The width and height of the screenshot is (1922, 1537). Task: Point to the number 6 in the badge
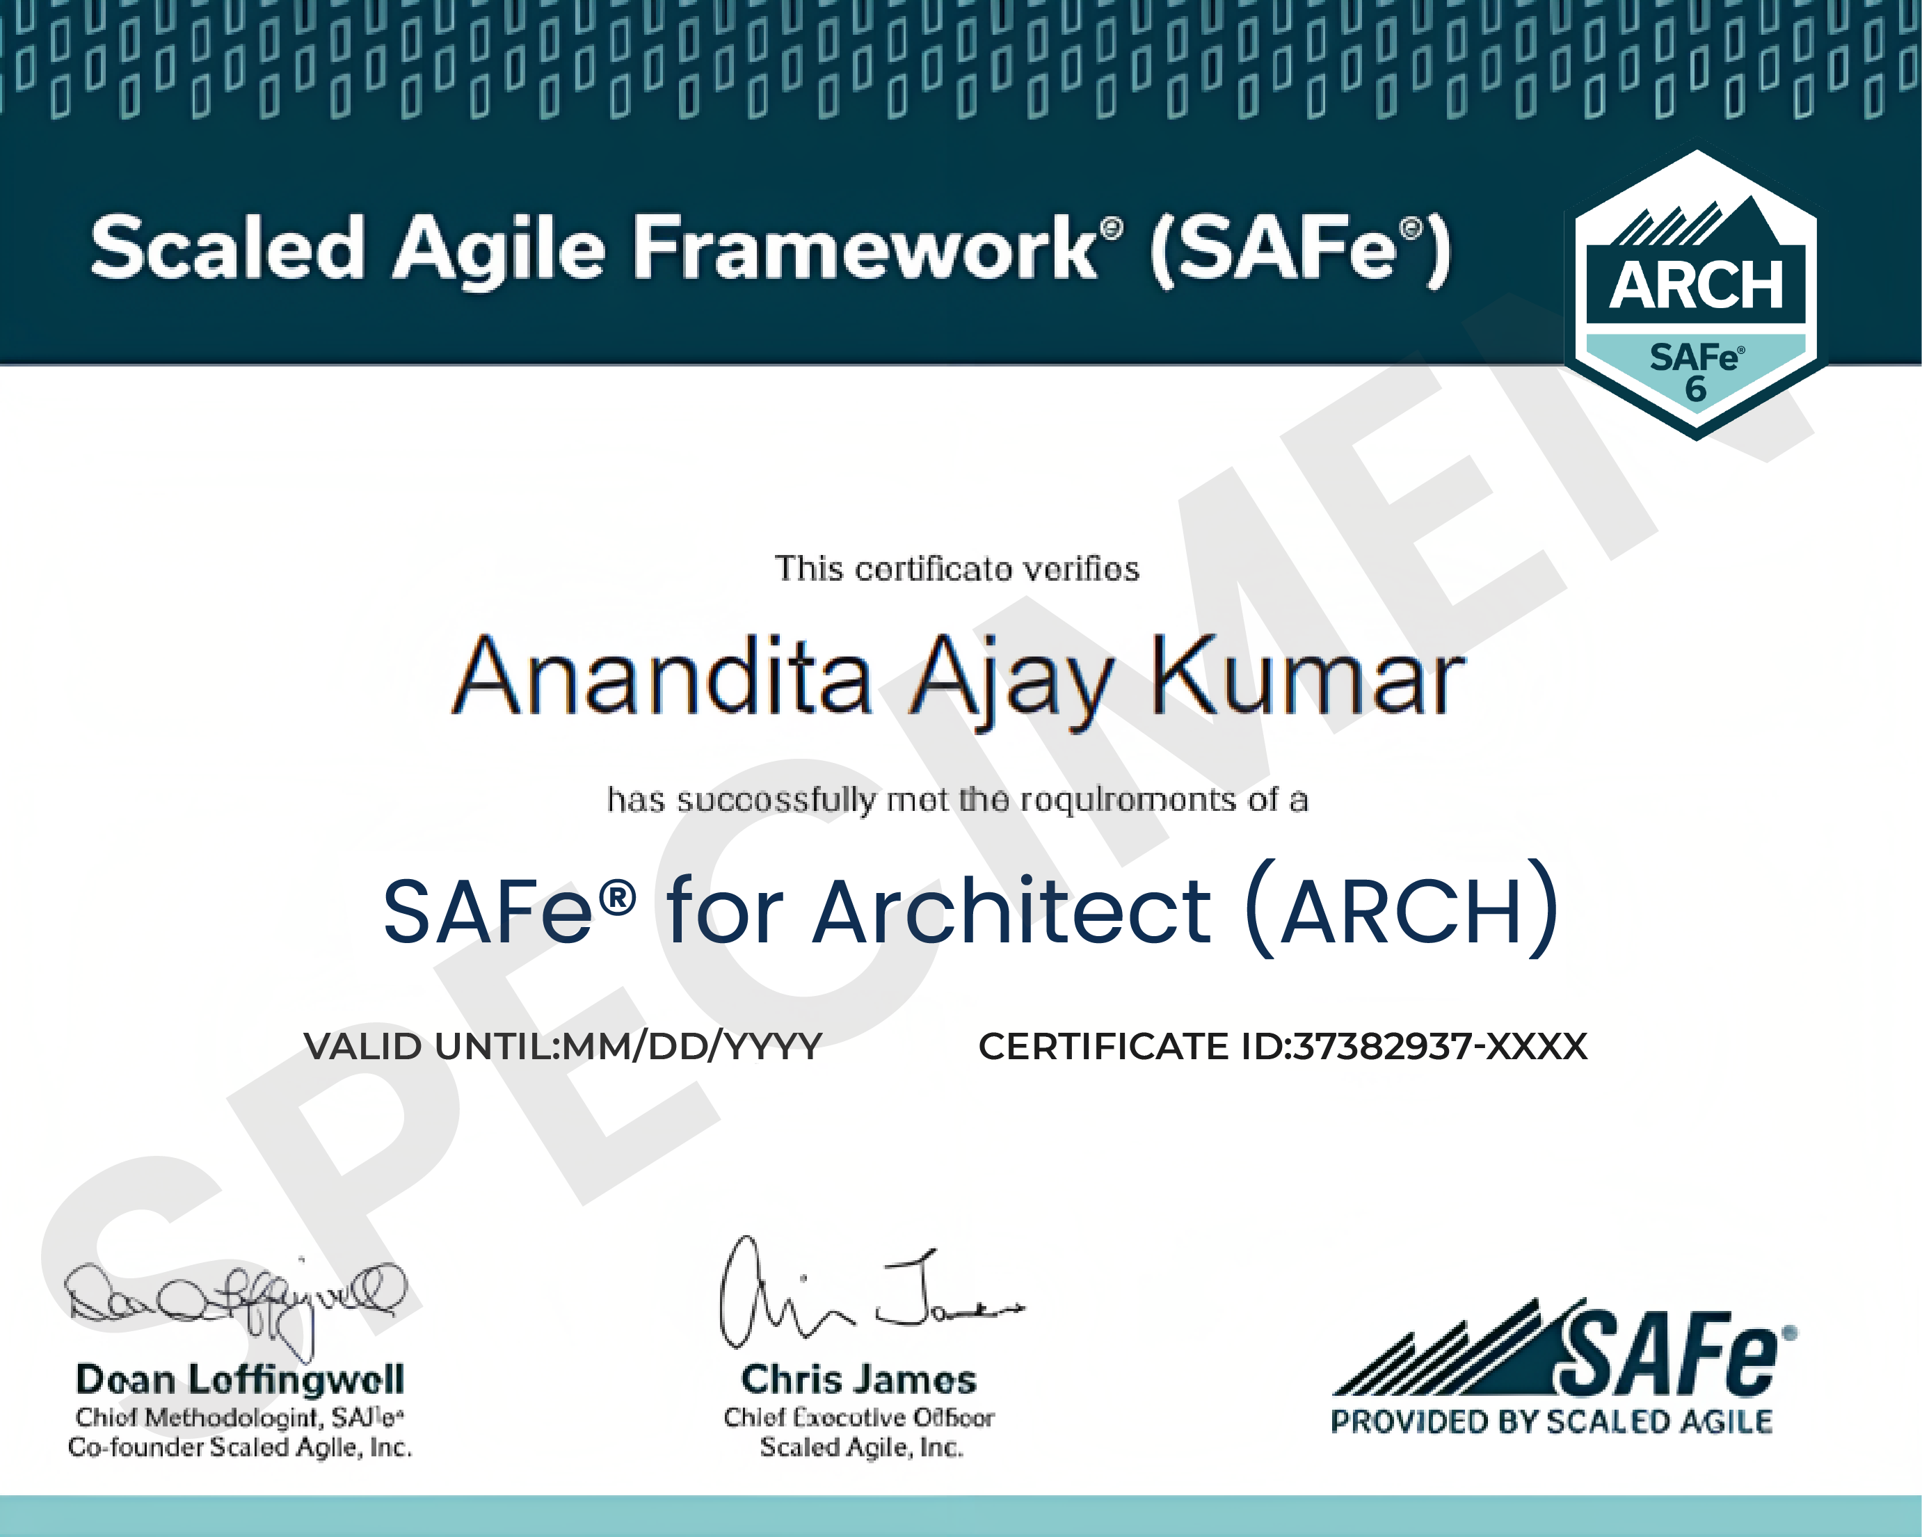(x=1695, y=389)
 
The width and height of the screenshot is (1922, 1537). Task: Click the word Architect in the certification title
(x=1012, y=911)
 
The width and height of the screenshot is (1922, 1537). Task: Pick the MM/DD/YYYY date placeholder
(x=691, y=1047)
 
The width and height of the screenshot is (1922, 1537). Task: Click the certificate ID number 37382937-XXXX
(x=1440, y=1047)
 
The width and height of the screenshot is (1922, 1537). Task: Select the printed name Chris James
(x=858, y=1379)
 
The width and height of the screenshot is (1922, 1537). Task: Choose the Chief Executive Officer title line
(x=858, y=1417)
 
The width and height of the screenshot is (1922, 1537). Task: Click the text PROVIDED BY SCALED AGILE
(x=1551, y=1421)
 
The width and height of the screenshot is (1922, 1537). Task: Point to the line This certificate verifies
(x=956, y=569)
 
